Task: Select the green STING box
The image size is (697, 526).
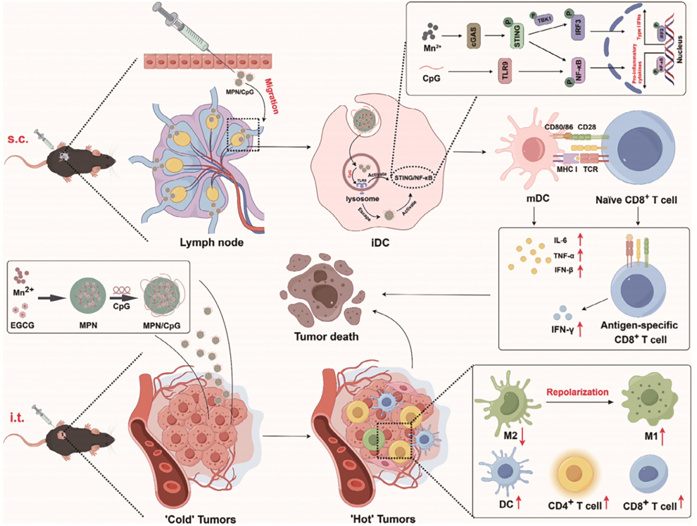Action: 517,37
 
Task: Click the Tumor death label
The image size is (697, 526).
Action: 326,337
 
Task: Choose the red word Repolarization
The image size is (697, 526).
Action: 577,392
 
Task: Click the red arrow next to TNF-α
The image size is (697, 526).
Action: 580,255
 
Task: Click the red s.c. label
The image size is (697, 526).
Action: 18,139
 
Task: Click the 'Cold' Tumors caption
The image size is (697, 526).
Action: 201,519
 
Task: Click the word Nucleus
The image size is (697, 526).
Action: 680,49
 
